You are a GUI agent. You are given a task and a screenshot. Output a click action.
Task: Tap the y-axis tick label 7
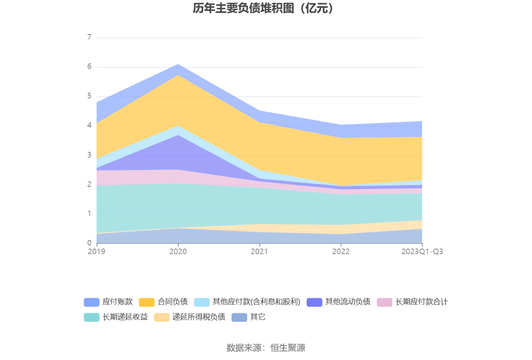point(90,37)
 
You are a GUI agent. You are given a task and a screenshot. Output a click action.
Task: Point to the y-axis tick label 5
point(90,96)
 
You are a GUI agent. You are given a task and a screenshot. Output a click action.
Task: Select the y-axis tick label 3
point(90,155)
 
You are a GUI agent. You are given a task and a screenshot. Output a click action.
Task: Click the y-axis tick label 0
point(90,243)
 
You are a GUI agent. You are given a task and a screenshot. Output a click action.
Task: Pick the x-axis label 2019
point(97,252)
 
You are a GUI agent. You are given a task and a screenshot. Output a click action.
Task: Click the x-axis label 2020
point(178,252)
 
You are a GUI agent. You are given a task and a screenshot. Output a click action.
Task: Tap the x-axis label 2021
point(259,252)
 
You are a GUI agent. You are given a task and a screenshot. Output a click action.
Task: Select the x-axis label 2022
point(341,252)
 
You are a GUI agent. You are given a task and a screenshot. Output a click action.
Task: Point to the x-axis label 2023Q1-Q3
point(422,252)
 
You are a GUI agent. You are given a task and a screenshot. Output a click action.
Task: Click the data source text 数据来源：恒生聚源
point(266,347)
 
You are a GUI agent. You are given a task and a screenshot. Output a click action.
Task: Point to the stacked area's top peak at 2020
point(178,64)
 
